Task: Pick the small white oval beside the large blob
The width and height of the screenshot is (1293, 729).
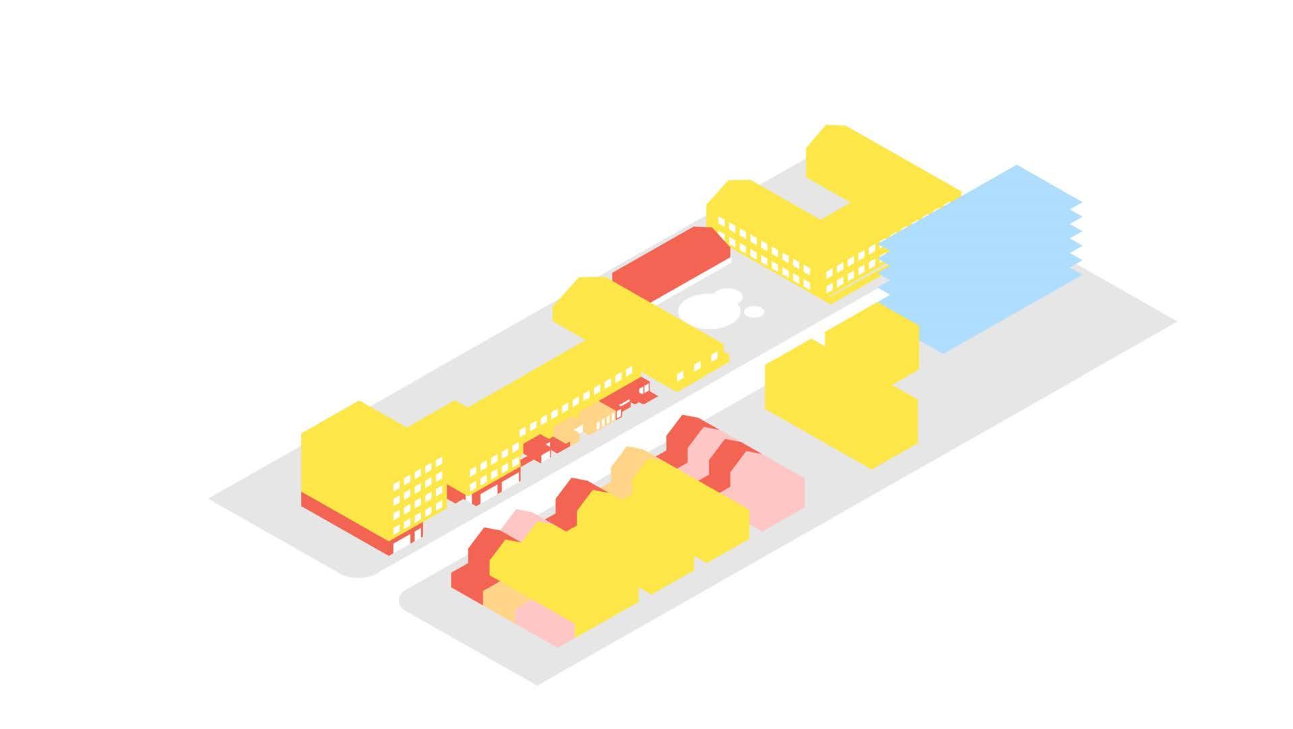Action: pos(755,311)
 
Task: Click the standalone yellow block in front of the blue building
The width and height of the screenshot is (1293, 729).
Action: pos(842,391)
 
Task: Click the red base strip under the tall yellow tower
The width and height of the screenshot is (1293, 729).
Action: pos(344,522)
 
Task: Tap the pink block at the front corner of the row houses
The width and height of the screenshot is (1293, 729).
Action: pos(542,620)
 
